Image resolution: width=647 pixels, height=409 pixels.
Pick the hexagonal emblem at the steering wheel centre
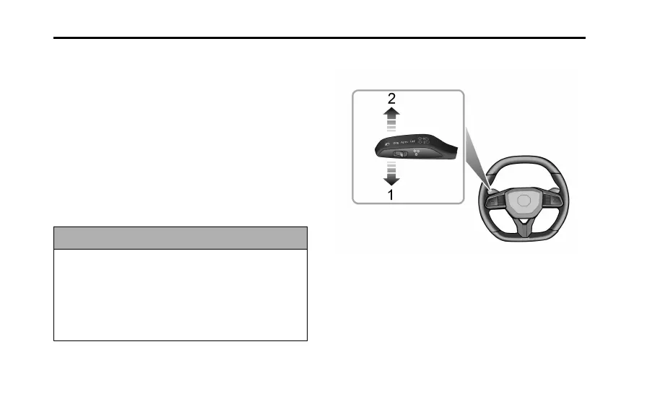524,200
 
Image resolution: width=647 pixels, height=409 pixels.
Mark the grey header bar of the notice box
181,238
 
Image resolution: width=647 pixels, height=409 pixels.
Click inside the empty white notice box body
181,294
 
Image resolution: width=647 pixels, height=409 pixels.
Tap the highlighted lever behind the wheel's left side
490,190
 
